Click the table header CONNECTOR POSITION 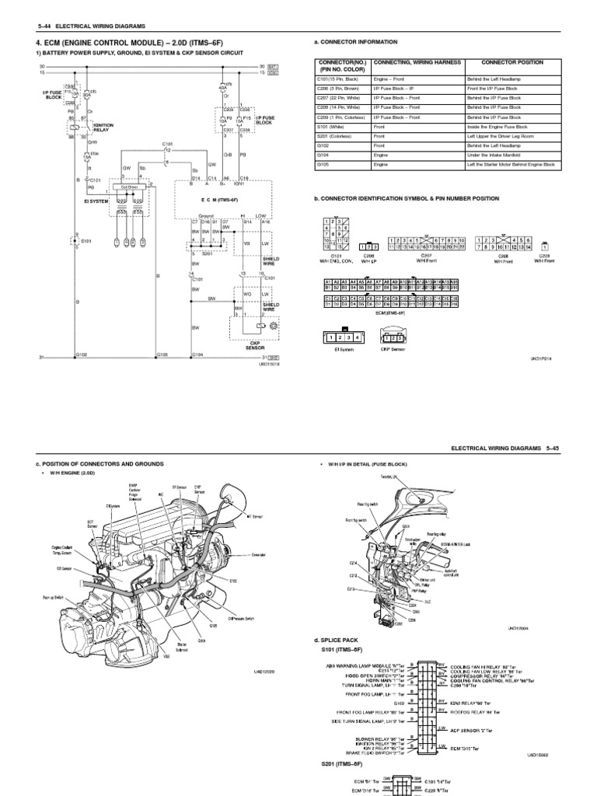tap(512, 62)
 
